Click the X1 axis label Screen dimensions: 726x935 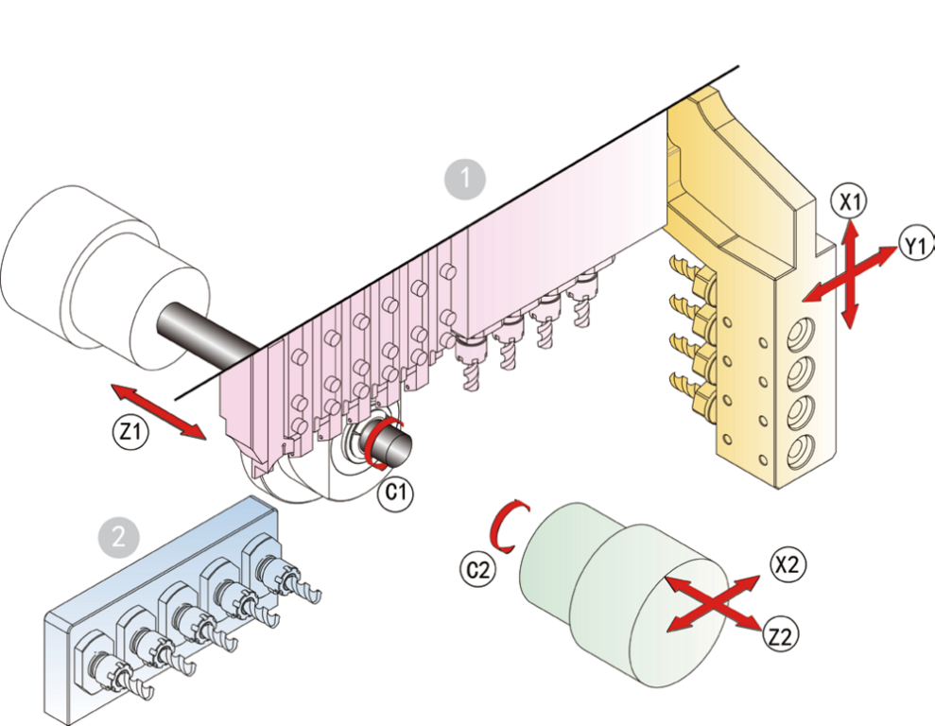[x=849, y=200]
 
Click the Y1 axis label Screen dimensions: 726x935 [x=914, y=247]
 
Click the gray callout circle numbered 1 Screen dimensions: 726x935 [x=465, y=177]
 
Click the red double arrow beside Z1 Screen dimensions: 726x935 [x=158, y=411]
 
